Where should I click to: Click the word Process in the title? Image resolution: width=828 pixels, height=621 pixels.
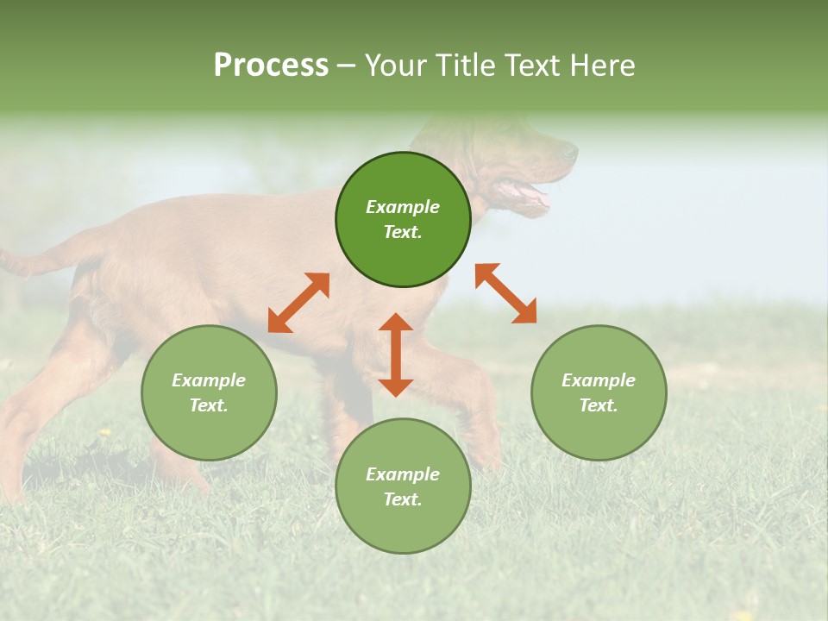271,66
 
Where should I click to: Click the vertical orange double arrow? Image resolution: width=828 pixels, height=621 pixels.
396,354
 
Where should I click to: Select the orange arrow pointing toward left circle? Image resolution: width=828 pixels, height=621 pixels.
298,303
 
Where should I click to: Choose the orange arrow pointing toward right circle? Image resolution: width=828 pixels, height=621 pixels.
506,293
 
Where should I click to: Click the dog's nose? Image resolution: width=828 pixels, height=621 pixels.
571,153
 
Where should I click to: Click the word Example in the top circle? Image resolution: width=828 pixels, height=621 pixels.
403,207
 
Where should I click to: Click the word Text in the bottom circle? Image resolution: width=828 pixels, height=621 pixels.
403,499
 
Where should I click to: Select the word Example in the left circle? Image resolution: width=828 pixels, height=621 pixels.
209,380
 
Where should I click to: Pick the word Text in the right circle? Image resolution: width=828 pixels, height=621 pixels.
599,405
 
